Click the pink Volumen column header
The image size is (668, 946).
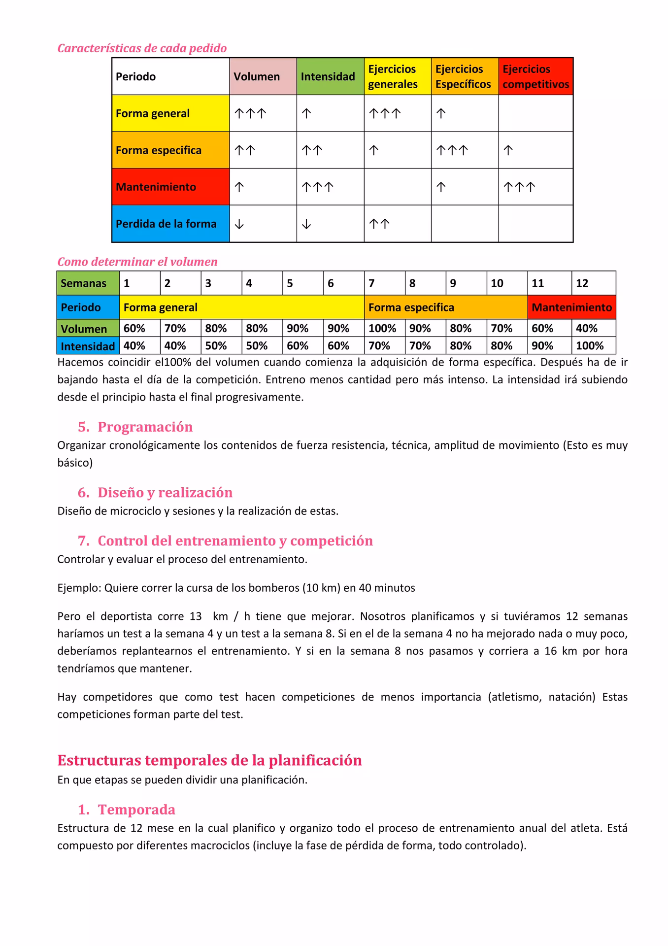(x=263, y=76)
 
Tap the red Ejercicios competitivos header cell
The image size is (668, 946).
(x=535, y=76)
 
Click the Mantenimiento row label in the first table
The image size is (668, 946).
(x=170, y=187)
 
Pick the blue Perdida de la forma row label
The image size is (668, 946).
(x=170, y=224)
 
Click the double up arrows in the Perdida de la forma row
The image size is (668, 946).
(x=379, y=224)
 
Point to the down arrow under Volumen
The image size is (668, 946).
(x=239, y=224)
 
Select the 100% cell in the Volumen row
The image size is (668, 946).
(x=383, y=328)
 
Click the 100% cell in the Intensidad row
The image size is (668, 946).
(x=590, y=346)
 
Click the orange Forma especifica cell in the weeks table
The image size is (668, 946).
(x=445, y=307)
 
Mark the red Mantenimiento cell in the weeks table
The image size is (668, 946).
(x=571, y=307)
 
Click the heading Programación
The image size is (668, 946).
(x=145, y=427)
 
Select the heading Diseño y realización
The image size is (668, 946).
(x=165, y=493)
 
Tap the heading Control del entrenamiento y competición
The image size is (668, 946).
(x=235, y=541)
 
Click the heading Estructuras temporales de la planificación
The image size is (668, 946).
(x=209, y=760)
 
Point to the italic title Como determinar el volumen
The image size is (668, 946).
(x=137, y=262)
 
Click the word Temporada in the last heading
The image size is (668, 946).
(x=136, y=810)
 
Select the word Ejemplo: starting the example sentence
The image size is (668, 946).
(x=79, y=588)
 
